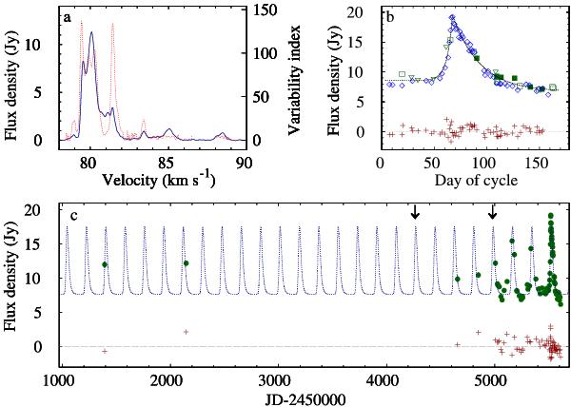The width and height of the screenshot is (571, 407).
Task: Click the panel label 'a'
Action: click(x=66, y=17)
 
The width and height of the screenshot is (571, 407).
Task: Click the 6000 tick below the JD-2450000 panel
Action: click(x=0, y=0)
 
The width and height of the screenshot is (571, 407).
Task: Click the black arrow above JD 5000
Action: click(x=492, y=213)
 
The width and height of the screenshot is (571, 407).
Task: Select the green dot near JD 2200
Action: click(x=187, y=263)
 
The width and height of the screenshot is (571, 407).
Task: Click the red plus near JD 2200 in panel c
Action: click(x=186, y=332)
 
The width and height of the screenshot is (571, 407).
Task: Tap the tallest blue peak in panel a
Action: click(x=91, y=32)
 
